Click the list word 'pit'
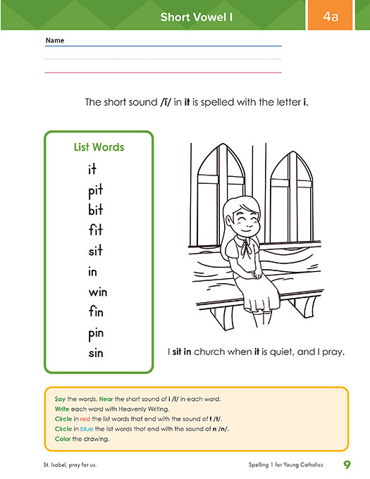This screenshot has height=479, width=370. [x=96, y=190]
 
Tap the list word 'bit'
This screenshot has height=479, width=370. [x=96, y=210]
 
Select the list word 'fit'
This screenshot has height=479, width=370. [x=96, y=230]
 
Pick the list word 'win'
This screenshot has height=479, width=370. [x=98, y=292]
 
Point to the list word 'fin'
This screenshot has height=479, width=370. [x=97, y=311]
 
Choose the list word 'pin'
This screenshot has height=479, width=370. [x=97, y=332]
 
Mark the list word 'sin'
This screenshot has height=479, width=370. [x=96, y=352]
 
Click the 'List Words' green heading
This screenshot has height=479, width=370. [x=99, y=147]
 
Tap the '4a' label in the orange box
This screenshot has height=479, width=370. [x=331, y=16]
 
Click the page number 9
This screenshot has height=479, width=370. [x=347, y=464]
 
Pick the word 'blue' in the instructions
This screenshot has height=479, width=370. [x=87, y=428]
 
